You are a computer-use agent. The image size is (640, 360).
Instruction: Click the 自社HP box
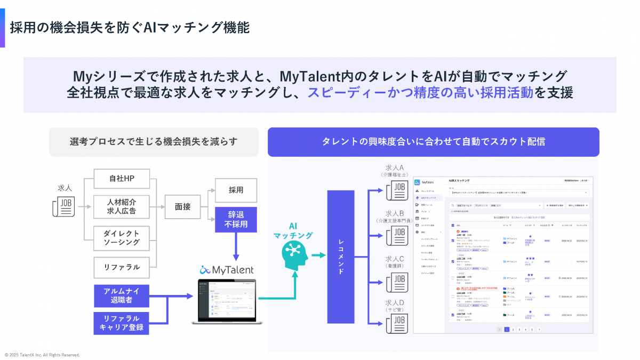tap(121, 178)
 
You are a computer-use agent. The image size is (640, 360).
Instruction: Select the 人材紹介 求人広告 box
tap(121, 206)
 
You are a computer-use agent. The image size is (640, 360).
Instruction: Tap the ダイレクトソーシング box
tap(121, 238)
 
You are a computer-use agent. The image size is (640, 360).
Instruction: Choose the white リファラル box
tap(121, 267)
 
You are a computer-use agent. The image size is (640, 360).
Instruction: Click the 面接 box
tap(182, 206)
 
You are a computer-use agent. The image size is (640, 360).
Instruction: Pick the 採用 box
tap(236, 189)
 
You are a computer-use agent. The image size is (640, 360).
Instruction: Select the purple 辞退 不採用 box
tap(236, 219)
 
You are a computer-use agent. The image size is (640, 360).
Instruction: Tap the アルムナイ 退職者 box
tap(121, 295)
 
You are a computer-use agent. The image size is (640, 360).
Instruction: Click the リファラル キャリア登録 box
tap(121, 323)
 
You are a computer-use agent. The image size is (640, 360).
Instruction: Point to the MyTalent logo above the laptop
tap(227, 270)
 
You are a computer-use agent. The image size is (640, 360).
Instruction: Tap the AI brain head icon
tap(292, 254)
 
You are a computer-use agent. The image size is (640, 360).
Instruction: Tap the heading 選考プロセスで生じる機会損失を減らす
tap(154, 142)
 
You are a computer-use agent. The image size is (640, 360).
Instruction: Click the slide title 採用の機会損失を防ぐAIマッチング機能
tap(130, 27)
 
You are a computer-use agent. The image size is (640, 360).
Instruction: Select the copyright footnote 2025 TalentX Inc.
tap(42, 355)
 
